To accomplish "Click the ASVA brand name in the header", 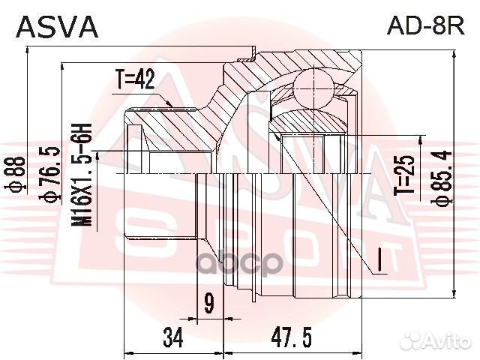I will (x=57, y=26).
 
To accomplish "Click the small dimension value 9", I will (x=208, y=303).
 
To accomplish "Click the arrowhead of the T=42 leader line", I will (x=175, y=106).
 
